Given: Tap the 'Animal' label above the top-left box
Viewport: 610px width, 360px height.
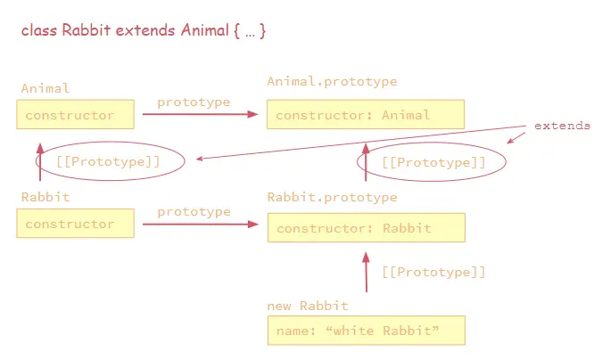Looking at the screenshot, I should click(x=45, y=88).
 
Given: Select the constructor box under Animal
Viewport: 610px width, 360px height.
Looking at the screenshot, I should click(x=75, y=115).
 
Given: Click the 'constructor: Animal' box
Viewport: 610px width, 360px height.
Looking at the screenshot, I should click(x=366, y=115).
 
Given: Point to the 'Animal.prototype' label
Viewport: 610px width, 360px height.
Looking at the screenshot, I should click(x=332, y=82).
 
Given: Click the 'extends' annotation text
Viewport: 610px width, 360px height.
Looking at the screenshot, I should click(x=562, y=126).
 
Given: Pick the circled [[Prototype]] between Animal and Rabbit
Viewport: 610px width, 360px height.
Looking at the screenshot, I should click(x=110, y=161).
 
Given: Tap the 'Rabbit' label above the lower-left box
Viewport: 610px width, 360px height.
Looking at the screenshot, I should click(x=45, y=197).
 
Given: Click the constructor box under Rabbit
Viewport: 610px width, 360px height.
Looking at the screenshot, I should click(x=75, y=224).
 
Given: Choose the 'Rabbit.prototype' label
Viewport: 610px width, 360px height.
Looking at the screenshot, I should click(x=332, y=197).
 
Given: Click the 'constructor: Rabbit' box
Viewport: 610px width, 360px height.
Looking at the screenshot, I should click(x=366, y=228).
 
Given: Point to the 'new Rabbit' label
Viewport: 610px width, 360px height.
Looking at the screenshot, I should click(x=307, y=306).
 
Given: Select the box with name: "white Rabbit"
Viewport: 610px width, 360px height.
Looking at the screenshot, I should click(x=366, y=331).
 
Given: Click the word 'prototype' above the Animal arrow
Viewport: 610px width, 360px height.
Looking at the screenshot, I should click(x=194, y=102).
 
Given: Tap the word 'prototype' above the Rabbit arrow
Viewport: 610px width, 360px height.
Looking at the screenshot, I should click(x=194, y=212).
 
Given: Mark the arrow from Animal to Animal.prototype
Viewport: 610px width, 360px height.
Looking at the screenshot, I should click(x=200, y=115).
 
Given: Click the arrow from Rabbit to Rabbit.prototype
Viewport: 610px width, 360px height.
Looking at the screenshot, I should click(x=200, y=225).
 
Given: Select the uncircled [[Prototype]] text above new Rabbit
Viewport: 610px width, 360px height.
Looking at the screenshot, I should click(x=433, y=272).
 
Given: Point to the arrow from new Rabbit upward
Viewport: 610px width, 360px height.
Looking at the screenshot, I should click(x=366, y=272).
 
